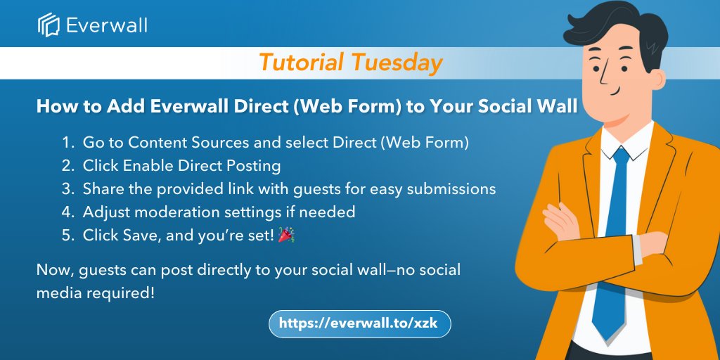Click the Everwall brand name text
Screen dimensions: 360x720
point(106,26)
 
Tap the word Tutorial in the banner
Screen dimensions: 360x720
point(301,63)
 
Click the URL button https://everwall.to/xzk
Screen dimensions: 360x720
point(359,323)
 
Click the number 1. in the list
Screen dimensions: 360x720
point(68,143)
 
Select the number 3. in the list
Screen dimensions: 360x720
point(68,189)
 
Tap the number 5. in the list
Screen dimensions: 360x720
point(68,236)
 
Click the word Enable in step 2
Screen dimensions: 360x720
point(141,166)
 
